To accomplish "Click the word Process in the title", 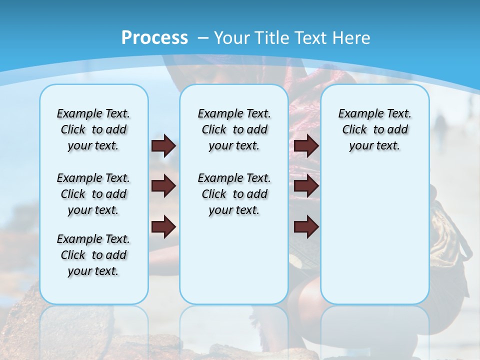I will click(154, 37).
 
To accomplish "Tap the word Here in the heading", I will click(351, 37).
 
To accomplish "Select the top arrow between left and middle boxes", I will click(163, 146).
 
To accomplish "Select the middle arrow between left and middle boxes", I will click(163, 186).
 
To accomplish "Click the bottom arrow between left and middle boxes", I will click(163, 226).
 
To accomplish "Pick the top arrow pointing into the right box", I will click(306, 146).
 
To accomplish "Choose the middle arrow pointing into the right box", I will click(306, 186).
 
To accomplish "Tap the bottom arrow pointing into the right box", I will click(306, 226).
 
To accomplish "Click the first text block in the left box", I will click(93, 129).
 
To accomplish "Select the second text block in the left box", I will click(93, 194).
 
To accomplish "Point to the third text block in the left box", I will click(93, 255).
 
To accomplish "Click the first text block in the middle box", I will click(234, 129).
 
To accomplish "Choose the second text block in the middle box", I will click(234, 194).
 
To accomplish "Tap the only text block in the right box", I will click(375, 129).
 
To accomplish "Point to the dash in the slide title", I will click(203, 37).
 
